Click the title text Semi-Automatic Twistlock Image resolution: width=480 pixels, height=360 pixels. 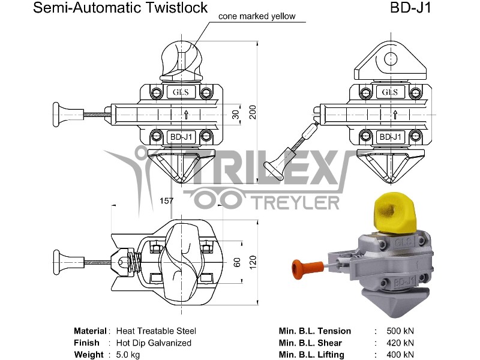(120, 8)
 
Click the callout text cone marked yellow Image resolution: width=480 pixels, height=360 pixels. (257, 16)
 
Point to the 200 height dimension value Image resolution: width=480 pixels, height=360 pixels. (253, 112)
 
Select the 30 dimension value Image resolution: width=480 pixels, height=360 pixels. (235, 113)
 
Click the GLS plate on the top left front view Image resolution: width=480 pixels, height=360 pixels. (181, 92)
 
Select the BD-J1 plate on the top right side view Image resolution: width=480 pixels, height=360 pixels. (390, 137)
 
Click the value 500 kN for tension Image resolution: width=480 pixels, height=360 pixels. (400, 331)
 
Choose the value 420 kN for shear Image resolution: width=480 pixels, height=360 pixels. (400, 343)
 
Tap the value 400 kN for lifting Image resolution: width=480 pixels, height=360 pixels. (400, 355)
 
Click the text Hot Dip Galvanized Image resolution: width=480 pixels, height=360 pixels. (149, 343)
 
